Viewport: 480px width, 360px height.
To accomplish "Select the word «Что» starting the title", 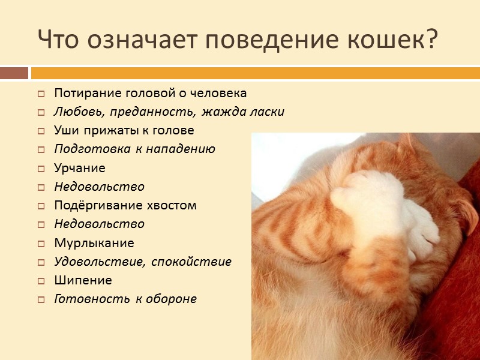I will tap(59, 40).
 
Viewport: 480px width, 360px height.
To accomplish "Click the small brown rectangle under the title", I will tap(14, 73).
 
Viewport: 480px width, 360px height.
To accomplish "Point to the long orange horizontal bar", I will tap(255, 73).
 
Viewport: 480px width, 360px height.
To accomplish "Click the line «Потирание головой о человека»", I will tap(150, 94).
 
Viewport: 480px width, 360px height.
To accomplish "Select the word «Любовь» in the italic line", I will tap(76, 112).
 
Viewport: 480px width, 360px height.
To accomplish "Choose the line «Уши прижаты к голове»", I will tap(124, 131).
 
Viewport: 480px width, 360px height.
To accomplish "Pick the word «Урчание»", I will tap(80, 168).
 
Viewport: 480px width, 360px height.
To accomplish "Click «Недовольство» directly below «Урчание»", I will tap(99, 187).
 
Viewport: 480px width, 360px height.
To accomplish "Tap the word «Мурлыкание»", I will tap(94, 243).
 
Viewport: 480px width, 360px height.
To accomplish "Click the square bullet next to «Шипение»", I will tap(41, 281).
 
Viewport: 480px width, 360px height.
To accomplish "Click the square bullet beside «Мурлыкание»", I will tap(41, 244).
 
